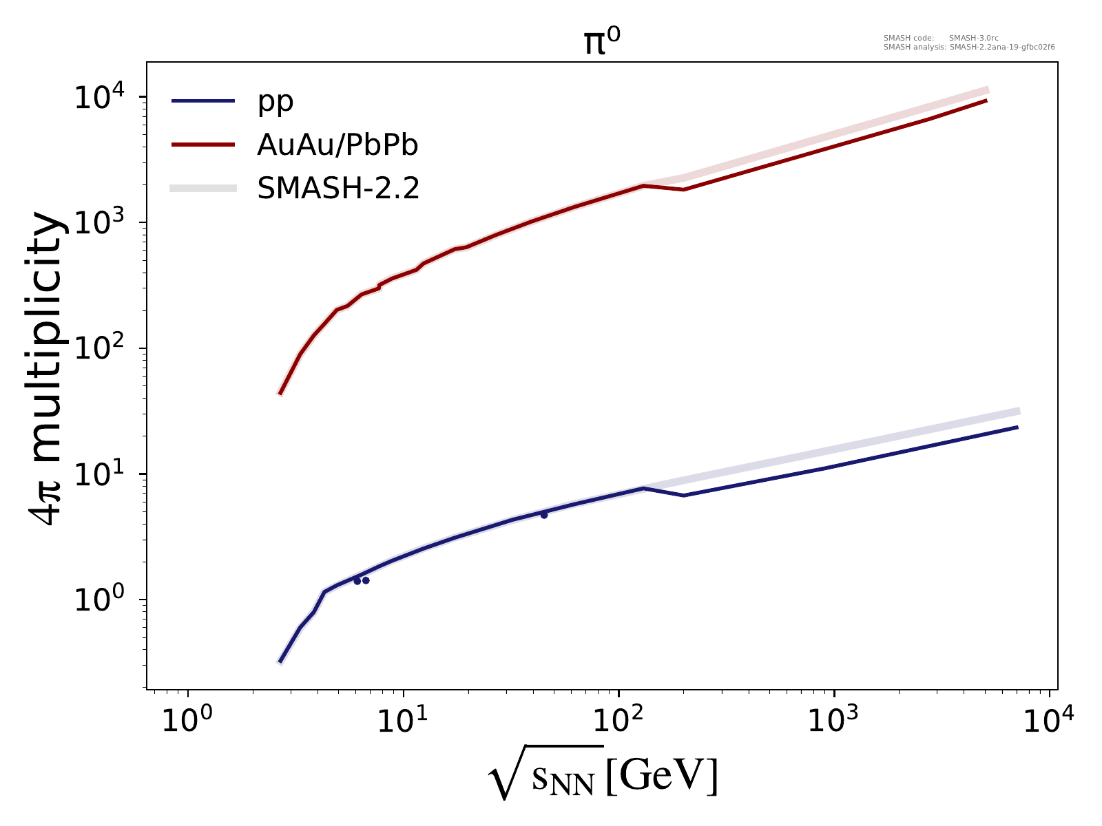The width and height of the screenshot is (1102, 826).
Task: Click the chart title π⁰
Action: click(x=593, y=43)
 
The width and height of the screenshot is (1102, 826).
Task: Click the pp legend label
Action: click(x=275, y=102)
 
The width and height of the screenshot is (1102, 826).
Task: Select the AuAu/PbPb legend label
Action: click(x=337, y=145)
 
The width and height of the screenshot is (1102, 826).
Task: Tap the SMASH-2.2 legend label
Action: click(x=337, y=187)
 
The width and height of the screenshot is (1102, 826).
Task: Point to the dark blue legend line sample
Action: click(x=203, y=102)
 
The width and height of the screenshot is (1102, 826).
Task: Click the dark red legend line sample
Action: click(x=203, y=145)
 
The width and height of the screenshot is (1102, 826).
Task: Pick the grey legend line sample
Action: click(x=203, y=188)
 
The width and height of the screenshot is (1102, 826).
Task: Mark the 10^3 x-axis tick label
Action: click(x=834, y=721)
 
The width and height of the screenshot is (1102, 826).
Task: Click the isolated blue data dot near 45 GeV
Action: click(x=543, y=515)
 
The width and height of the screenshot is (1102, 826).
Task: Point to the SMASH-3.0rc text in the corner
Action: click(x=967, y=39)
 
